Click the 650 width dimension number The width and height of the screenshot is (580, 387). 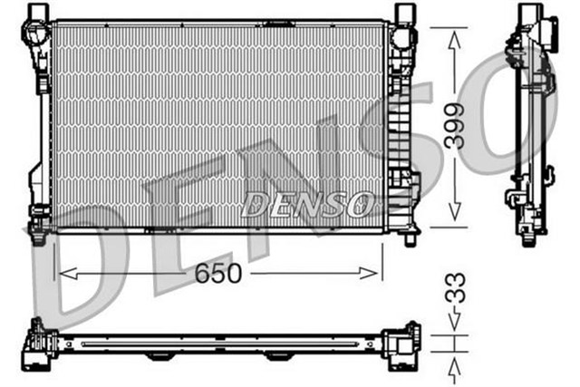coord(218,273)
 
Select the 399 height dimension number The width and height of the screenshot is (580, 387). coord(455,127)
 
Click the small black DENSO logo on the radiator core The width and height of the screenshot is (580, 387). coord(306,204)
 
